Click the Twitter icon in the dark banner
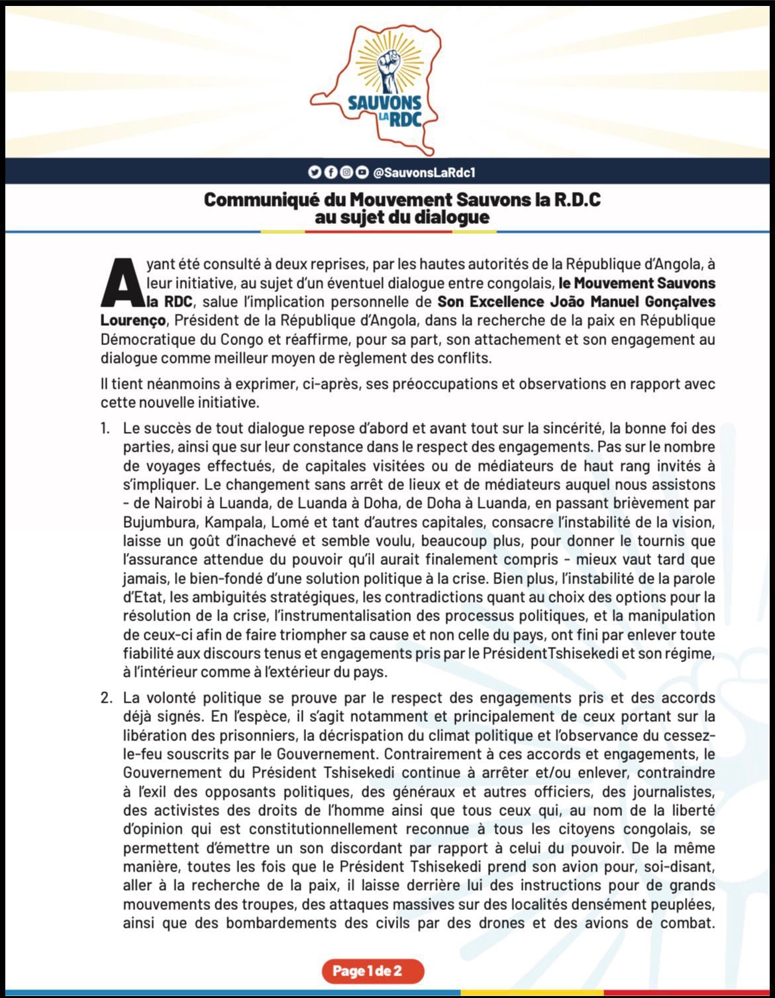coord(314,173)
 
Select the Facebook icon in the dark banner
coord(330,173)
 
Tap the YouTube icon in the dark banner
coord(362,173)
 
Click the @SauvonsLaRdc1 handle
coord(424,173)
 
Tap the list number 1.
coord(105,428)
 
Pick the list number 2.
coord(106,698)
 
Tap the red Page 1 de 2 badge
coord(372,972)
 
